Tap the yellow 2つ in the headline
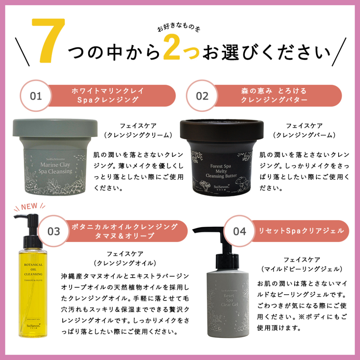(182, 51)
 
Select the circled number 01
(36, 96)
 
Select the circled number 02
(202, 96)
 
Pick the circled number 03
(54, 231)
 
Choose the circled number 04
(239, 231)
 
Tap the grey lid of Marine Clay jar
(55, 127)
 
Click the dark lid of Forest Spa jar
(221, 127)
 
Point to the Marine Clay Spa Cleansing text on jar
(56, 168)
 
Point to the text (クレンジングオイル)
(125, 263)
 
